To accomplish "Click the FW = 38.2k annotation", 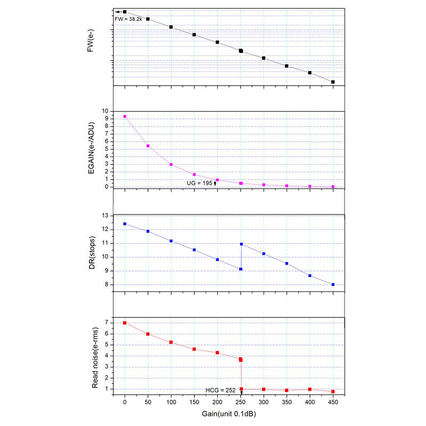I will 128,19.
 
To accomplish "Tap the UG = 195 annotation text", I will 200,183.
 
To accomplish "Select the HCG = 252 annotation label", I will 220,390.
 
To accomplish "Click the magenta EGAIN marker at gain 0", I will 125,116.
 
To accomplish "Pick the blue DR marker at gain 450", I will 333,284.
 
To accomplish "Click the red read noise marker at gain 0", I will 125,323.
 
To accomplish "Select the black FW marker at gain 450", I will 333,82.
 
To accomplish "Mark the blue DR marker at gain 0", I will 125,224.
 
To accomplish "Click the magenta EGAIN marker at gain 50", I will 148,146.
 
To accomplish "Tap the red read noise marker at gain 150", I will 194,349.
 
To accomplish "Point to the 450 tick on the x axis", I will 333,403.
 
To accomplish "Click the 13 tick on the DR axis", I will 105,215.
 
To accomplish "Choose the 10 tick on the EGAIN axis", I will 105,111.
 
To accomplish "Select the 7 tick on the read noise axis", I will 106,323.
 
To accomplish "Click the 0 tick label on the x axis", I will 125,403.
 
